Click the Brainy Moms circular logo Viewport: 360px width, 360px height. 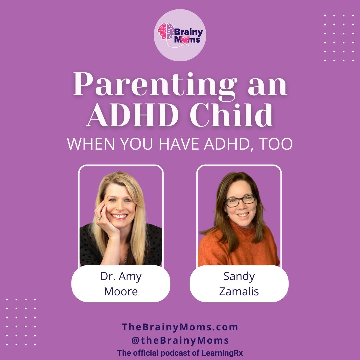pyautogui.click(x=180, y=35)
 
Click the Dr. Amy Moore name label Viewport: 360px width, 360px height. pyautogui.click(x=121, y=284)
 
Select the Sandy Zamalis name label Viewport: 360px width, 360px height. pyautogui.click(x=239, y=284)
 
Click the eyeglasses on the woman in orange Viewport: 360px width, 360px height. pyautogui.click(x=240, y=201)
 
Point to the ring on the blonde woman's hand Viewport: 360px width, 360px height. pyautogui.click(x=99, y=218)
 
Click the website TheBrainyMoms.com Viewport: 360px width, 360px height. pyautogui.click(x=180, y=327)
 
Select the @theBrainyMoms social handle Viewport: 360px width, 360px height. pyautogui.click(x=180, y=340)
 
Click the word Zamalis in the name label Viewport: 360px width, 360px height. pyautogui.click(x=239, y=291)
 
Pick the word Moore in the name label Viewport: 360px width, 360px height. pyautogui.click(x=121, y=291)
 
